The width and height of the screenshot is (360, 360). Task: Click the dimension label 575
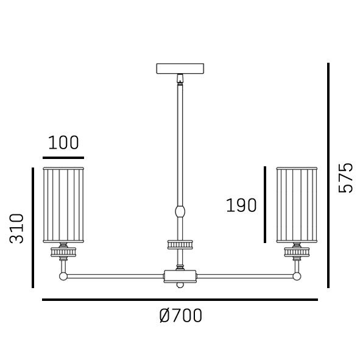345,178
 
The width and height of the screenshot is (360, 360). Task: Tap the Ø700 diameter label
181,316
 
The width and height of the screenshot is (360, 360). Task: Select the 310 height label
16,228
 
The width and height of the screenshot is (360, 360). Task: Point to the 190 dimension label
241,205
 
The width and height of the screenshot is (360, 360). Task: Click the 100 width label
63,143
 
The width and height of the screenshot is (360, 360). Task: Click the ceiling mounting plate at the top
180,69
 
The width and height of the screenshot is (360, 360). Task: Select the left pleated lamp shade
63,205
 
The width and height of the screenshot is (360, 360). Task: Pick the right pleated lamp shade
297,205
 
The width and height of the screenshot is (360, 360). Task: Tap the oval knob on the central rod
180,211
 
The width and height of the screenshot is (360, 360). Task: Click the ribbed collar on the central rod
180,244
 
